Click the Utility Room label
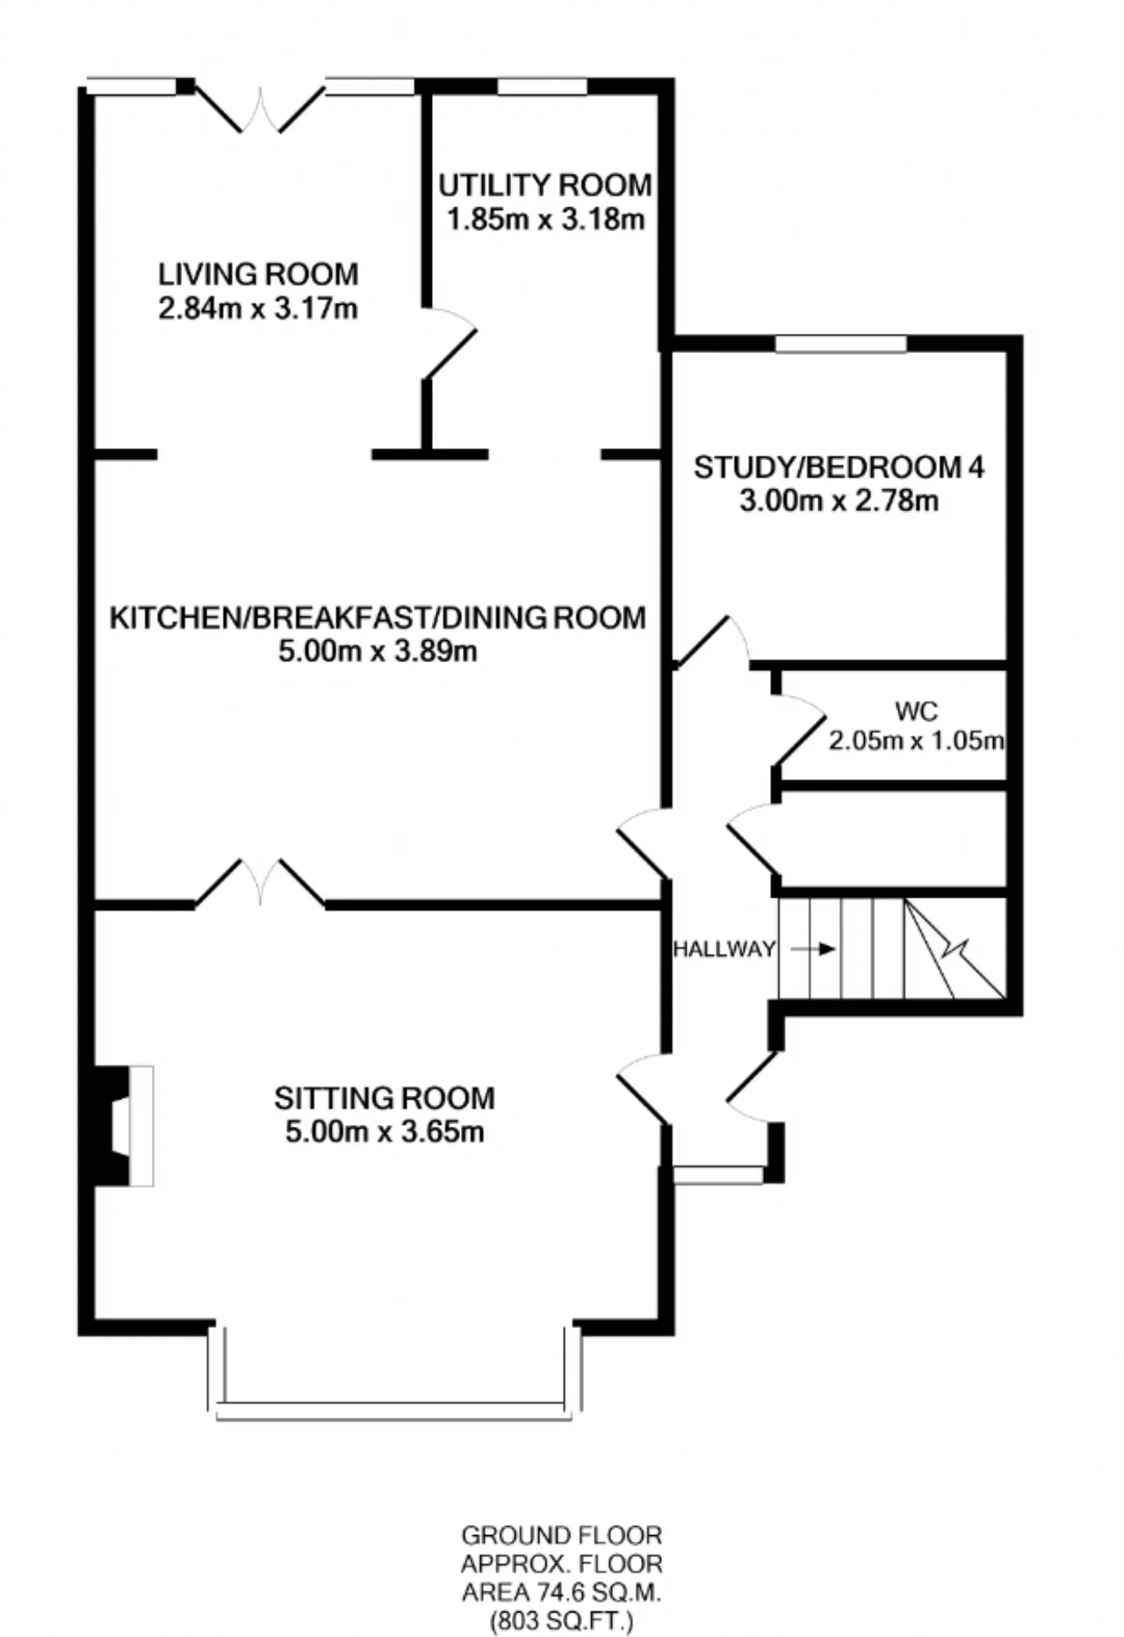click(x=545, y=185)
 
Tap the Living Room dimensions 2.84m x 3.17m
click(x=258, y=309)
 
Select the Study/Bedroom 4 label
click(x=839, y=467)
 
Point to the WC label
click(x=917, y=710)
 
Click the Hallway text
click(x=724, y=948)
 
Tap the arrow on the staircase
click(x=813, y=949)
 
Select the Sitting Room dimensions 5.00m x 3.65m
click(x=385, y=1132)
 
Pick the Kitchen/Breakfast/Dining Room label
click(x=378, y=617)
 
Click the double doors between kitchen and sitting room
click(x=260, y=882)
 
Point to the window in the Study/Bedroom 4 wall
click(x=840, y=343)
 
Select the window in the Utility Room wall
click(x=542, y=86)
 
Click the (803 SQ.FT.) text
click(x=562, y=1621)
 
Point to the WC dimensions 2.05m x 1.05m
click(x=917, y=740)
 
